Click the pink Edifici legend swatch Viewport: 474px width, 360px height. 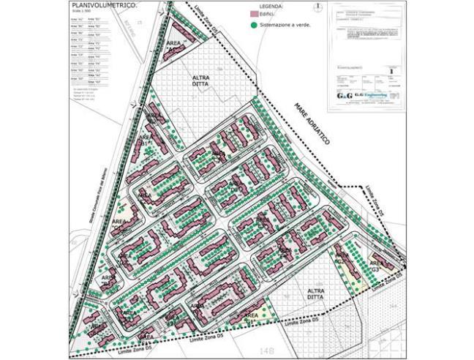click(x=255, y=14)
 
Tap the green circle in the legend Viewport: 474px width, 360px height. click(x=254, y=24)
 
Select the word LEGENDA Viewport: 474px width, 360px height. click(x=261, y=5)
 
